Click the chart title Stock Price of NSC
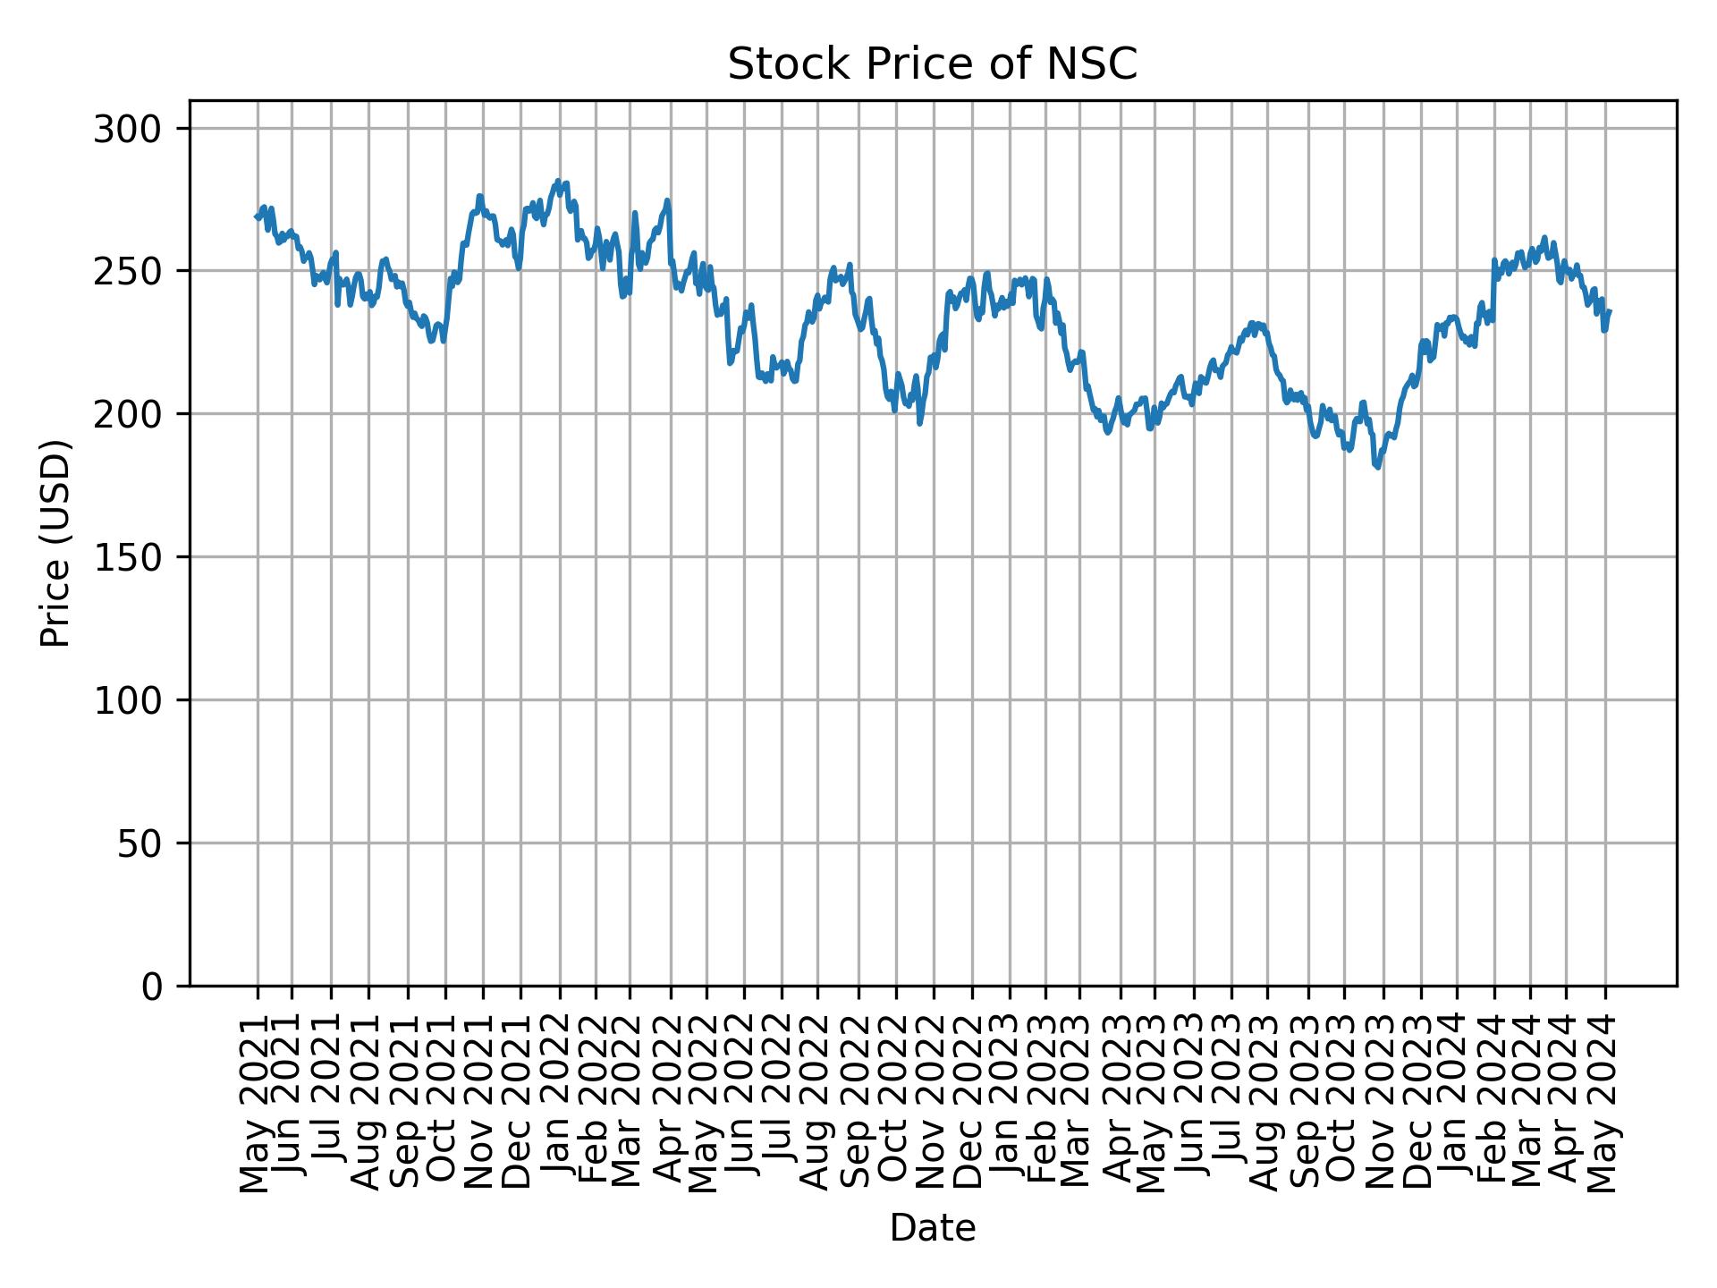tap(932, 65)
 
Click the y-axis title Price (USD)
tap(55, 543)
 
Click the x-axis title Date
tap(932, 1228)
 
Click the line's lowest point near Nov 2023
tap(1378, 467)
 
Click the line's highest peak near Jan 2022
tap(558, 182)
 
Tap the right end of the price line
tap(1610, 311)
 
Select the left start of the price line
tap(256, 216)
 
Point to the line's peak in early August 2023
tap(1252, 323)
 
